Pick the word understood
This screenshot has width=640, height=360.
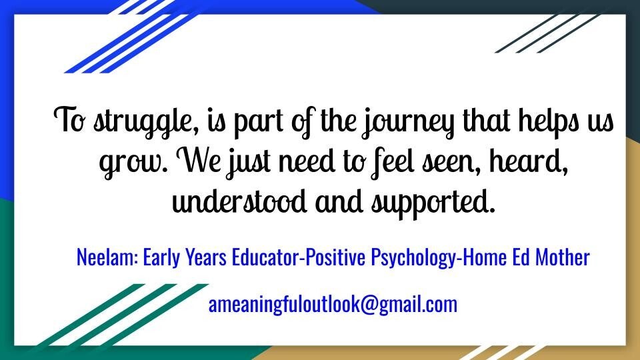[x=239, y=201]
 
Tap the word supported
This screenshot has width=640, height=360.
[x=433, y=203]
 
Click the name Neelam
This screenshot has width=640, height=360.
[x=108, y=257]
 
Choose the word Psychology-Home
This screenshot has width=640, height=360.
[x=439, y=257]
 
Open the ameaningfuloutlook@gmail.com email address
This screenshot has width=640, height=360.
[x=333, y=305]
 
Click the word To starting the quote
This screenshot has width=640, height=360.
[x=70, y=119]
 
